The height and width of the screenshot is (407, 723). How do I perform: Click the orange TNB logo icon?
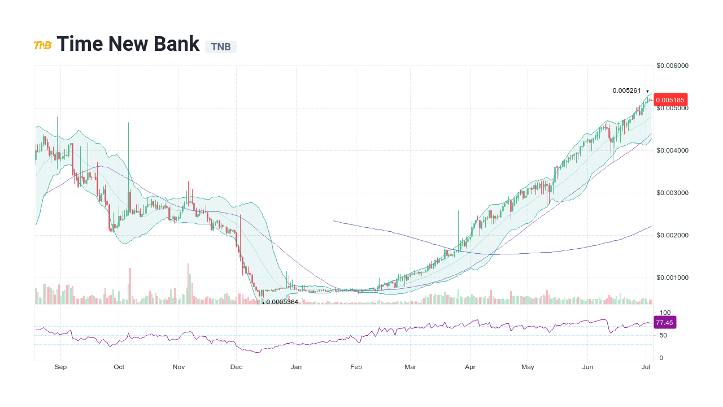[x=42, y=45]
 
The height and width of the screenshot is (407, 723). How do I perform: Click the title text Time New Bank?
[x=128, y=44]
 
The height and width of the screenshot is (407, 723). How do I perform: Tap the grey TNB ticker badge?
[x=221, y=47]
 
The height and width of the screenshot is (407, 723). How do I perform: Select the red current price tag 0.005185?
[x=670, y=100]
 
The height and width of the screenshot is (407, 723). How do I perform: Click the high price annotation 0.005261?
[x=626, y=90]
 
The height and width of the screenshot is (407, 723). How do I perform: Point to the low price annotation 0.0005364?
[x=282, y=302]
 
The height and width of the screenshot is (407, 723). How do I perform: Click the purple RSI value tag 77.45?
[x=664, y=323]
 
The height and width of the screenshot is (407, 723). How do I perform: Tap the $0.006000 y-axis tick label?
[x=672, y=66]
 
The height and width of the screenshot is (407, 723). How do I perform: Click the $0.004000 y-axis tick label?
[x=672, y=150]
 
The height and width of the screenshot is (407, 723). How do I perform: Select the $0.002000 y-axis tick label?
[x=672, y=235]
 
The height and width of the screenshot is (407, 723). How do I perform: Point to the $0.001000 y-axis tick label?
[x=672, y=278]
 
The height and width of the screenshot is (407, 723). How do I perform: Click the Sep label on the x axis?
[x=60, y=367]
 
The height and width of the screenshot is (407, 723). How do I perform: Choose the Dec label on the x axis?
[x=236, y=367]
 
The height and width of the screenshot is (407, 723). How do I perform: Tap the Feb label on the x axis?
[x=356, y=367]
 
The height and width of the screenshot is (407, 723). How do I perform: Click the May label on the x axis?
[x=528, y=367]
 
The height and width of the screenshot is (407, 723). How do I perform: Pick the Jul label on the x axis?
[x=646, y=367]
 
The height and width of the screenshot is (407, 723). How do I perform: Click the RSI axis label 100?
[x=665, y=313]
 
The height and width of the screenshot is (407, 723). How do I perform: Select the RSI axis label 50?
[x=663, y=335]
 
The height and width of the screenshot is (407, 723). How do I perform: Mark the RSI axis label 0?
[x=661, y=358]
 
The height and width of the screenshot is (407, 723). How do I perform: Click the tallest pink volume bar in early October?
[x=130, y=286]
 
